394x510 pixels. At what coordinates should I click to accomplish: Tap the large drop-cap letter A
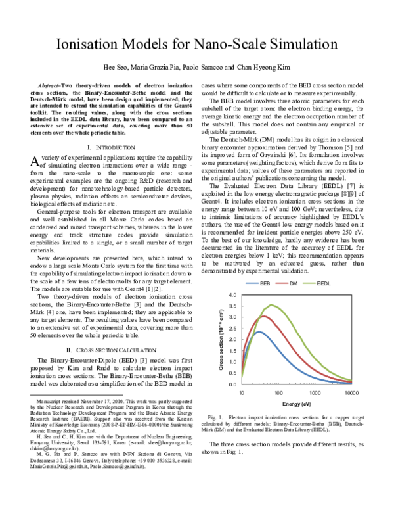(x=36, y=162)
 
